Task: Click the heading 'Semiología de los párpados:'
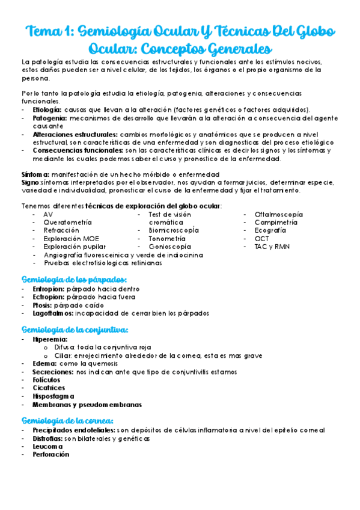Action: pyautogui.click(x=74, y=280)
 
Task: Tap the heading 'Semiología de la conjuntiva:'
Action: pyautogui.click(x=75, y=330)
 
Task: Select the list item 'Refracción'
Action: pyautogui.click(x=61, y=230)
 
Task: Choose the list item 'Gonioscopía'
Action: pyautogui.click(x=170, y=247)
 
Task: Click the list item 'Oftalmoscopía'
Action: pyautogui.click(x=279, y=214)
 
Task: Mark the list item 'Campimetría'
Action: pyautogui.click(x=276, y=222)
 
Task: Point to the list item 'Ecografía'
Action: pyautogui.click(x=270, y=230)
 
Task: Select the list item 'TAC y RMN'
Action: pyautogui.click(x=272, y=247)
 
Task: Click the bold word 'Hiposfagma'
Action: pyautogui.click(x=53, y=396)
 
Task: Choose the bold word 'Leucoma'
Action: pyautogui.click(x=49, y=446)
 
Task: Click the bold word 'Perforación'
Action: pyautogui.click(x=51, y=455)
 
